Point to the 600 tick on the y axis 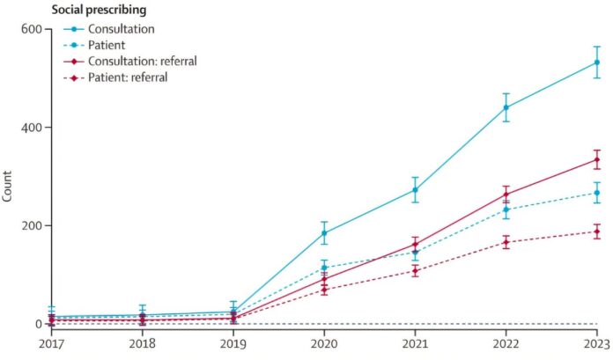click(x=31, y=29)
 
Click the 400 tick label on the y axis click(x=31, y=128)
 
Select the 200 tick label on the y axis click(x=31, y=225)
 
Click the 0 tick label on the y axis click(x=38, y=324)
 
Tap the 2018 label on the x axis click(x=142, y=344)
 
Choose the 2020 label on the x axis click(x=324, y=344)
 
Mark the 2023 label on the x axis click(x=595, y=344)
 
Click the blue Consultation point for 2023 click(x=596, y=62)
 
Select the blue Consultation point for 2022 click(x=506, y=107)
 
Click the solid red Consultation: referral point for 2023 click(x=596, y=159)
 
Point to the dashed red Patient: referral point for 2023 click(x=596, y=231)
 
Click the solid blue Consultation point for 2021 click(x=415, y=189)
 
